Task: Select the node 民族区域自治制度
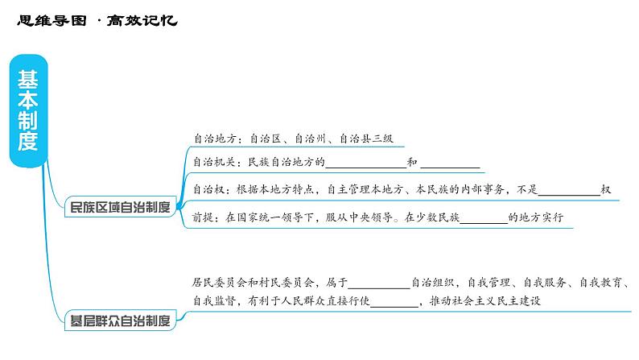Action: [x=120, y=207]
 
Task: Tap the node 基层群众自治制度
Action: [x=120, y=321]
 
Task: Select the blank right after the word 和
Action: [x=450, y=164]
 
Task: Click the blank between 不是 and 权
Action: [x=569, y=191]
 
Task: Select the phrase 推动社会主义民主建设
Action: [x=484, y=301]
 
